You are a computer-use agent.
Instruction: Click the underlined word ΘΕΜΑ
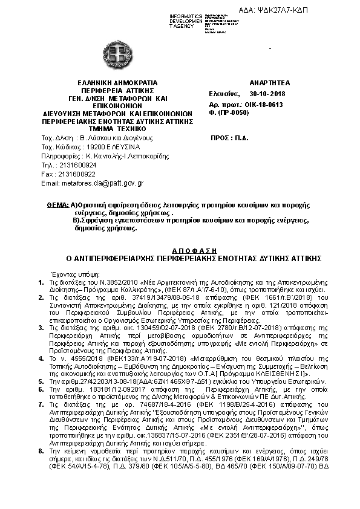(x=57, y=206)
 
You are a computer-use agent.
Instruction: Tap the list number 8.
(x=41, y=451)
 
